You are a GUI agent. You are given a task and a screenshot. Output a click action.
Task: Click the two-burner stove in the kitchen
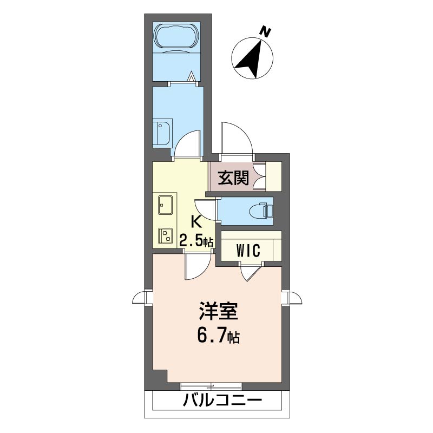click(x=165, y=235)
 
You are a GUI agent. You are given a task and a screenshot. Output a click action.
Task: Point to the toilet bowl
click(x=260, y=209)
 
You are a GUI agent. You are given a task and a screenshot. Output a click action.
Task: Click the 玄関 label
click(x=233, y=177)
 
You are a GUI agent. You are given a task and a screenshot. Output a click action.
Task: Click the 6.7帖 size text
click(x=218, y=337)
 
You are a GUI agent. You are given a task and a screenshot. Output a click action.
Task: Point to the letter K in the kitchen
click(x=197, y=221)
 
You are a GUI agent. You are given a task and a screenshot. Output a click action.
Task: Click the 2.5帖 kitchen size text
click(x=196, y=240)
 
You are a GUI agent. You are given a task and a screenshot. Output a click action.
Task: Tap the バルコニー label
click(x=222, y=402)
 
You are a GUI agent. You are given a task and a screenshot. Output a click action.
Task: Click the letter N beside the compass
click(x=265, y=32)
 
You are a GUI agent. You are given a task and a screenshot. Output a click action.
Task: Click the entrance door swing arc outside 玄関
click(x=237, y=138)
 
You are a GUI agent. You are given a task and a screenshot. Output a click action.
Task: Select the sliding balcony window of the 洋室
click(x=212, y=385)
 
